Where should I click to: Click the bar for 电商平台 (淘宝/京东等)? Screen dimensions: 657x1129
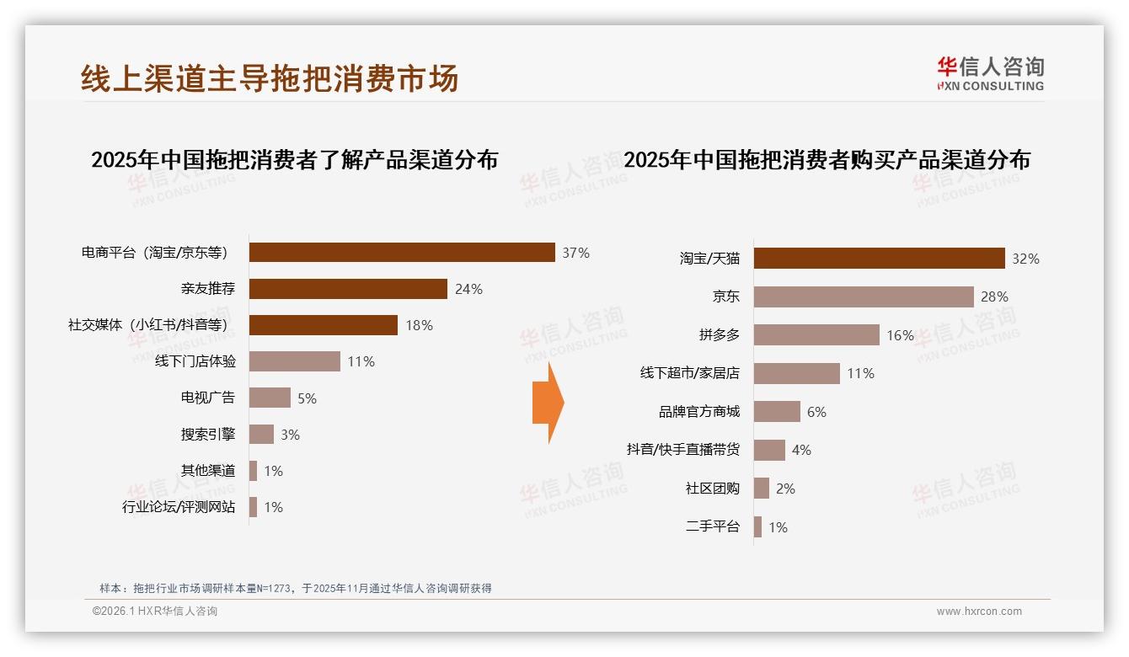pyautogui.click(x=402, y=253)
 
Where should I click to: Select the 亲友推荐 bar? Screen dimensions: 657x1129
pyautogui.click(x=348, y=289)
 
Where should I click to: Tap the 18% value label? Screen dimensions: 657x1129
pyautogui.click(x=419, y=325)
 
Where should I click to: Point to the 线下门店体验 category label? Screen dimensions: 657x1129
pyautogui.click(x=195, y=361)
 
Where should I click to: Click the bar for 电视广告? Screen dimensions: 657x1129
pyautogui.click(x=270, y=398)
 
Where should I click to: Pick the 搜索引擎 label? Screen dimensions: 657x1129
pyautogui.click(x=207, y=435)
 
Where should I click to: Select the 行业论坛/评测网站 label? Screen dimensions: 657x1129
pyautogui.click(x=179, y=507)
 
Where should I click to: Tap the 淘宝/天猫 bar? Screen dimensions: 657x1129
pyautogui.click(x=879, y=258)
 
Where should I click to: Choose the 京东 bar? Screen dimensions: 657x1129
pyautogui.click(x=864, y=296)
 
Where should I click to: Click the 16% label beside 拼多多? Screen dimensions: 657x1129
pyautogui.click(x=900, y=335)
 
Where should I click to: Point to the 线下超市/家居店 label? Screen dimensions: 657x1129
pyautogui.click(x=689, y=373)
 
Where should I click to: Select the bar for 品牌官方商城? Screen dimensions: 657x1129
pyautogui.click(x=777, y=412)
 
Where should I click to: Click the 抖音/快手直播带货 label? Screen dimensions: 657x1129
pyautogui.click(x=682, y=450)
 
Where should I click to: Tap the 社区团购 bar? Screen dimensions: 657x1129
pyautogui.click(x=762, y=489)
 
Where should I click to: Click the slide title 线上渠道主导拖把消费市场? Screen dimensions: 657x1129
pyautogui.click(x=270, y=77)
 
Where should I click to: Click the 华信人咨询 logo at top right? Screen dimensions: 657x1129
pyautogui.click(x=990, y=73)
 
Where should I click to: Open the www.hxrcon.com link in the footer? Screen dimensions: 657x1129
pyautogui.click(x=979, y=612)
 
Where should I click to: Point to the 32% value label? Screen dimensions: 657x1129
pyautogui.click(x=1025, y=259)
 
